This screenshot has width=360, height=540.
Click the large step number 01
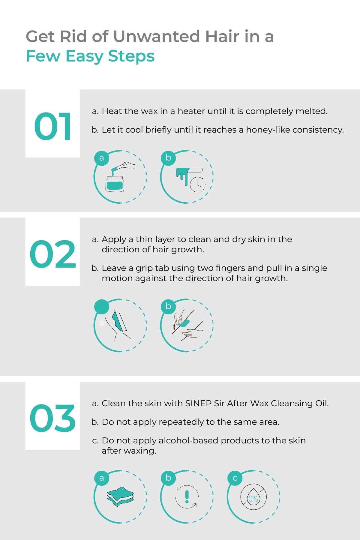[x=53, y=126]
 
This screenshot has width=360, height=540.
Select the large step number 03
[x=53, y=418]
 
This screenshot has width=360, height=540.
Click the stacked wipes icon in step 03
[x=120, y=496]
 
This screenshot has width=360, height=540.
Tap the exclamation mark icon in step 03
[x=187, y=496]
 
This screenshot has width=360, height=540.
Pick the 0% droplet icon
[x=253, y=497]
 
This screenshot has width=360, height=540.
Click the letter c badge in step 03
[x=235, y=478]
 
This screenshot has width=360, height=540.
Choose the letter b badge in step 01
[x=168, y=158]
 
